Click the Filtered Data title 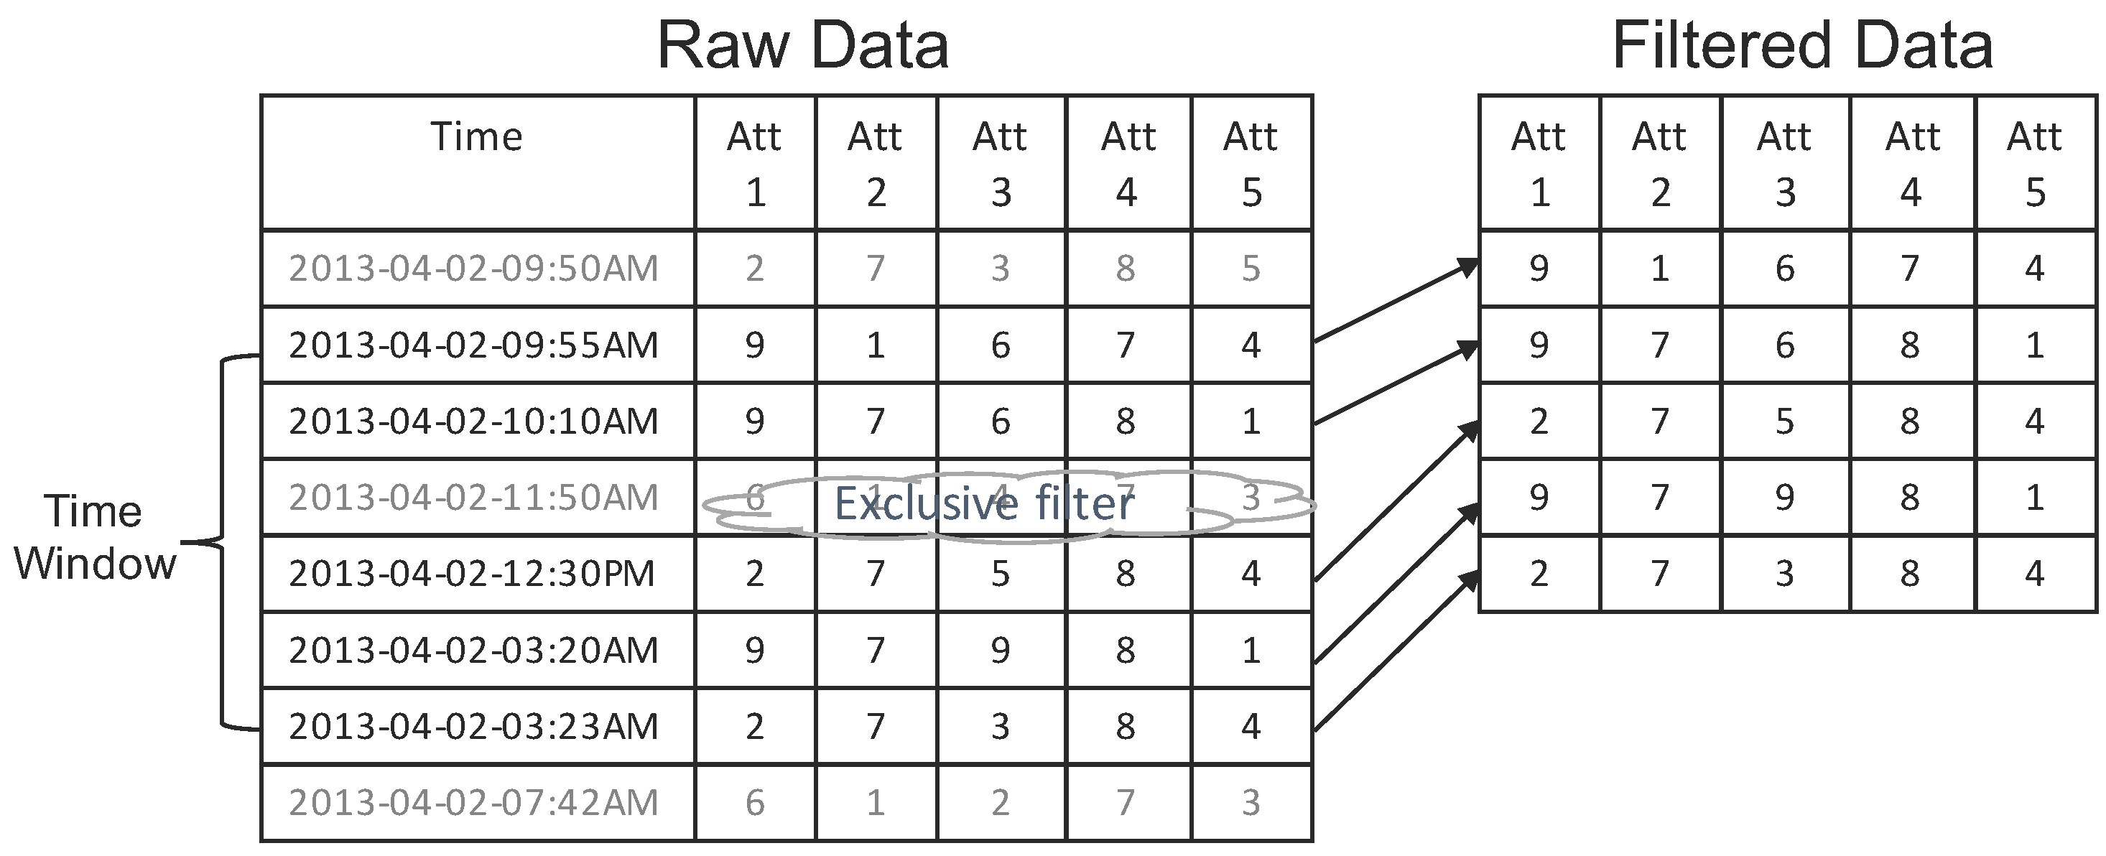(x=1802, y=46)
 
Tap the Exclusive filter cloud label (x=983, y=503)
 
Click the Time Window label (x=94, y=537)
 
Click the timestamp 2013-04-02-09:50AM (x=473, y=268)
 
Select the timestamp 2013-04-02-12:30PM (x=472, y=573)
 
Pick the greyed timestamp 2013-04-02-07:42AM (x=473, y=802)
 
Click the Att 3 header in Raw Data (x=1001, y=164)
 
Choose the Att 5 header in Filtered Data (x=2034, y=164)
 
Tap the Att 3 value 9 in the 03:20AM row (x=1001, y=650)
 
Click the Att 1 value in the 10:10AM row (x=753, y=421)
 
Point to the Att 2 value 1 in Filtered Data (x=1660, y=268)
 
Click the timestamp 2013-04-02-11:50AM (x=473, y=497)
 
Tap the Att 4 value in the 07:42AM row (x=1126, y=802)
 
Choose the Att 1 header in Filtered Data (x=1538, y=164)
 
